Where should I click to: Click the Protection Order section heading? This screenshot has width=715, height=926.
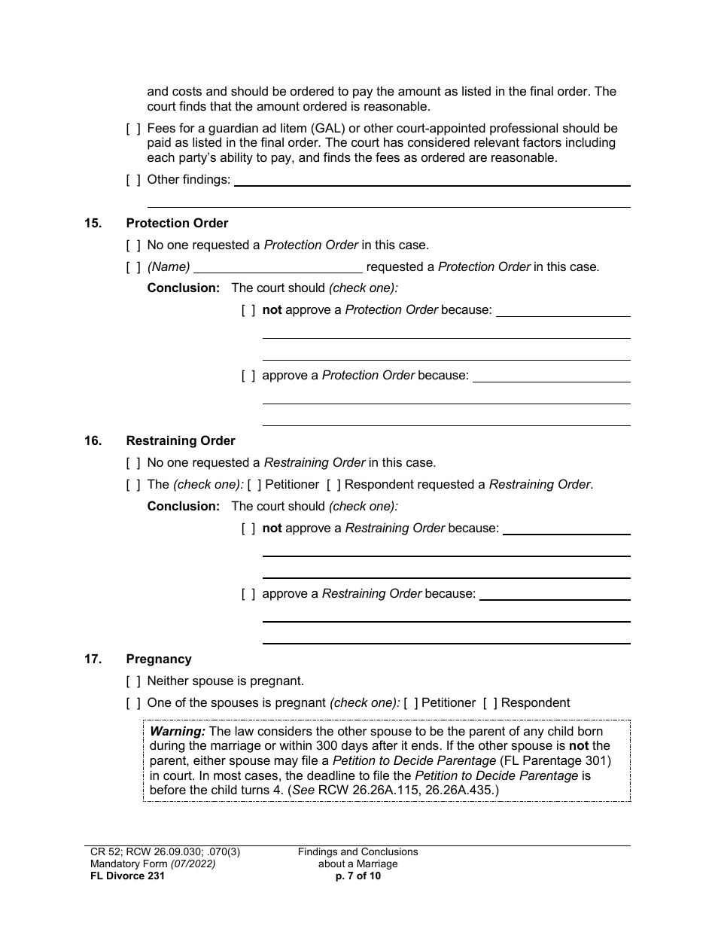tap(177, 223)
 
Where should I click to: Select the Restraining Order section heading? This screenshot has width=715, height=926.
tap(181, 440)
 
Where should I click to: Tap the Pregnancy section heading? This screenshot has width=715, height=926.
tap(159, 659)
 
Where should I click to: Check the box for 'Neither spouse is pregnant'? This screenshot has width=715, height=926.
tap(133, 681)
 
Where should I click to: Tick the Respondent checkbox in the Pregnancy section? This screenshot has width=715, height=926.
tap(490, 703)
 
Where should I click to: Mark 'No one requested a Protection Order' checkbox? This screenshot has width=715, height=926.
tap(133, 245)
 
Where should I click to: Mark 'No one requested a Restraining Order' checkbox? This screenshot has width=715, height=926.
tap(133, 463)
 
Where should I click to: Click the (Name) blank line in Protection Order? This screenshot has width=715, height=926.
tap(278, 268)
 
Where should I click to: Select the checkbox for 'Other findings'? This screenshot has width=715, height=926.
tap(133, 180)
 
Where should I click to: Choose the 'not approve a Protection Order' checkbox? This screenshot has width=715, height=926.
tap(248, 310)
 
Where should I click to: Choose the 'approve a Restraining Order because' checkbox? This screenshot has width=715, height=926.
tap(248, 594)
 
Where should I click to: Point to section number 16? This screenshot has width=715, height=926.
tap(93, 440)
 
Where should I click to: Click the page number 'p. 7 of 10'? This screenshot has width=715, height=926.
tap(357, 876)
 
